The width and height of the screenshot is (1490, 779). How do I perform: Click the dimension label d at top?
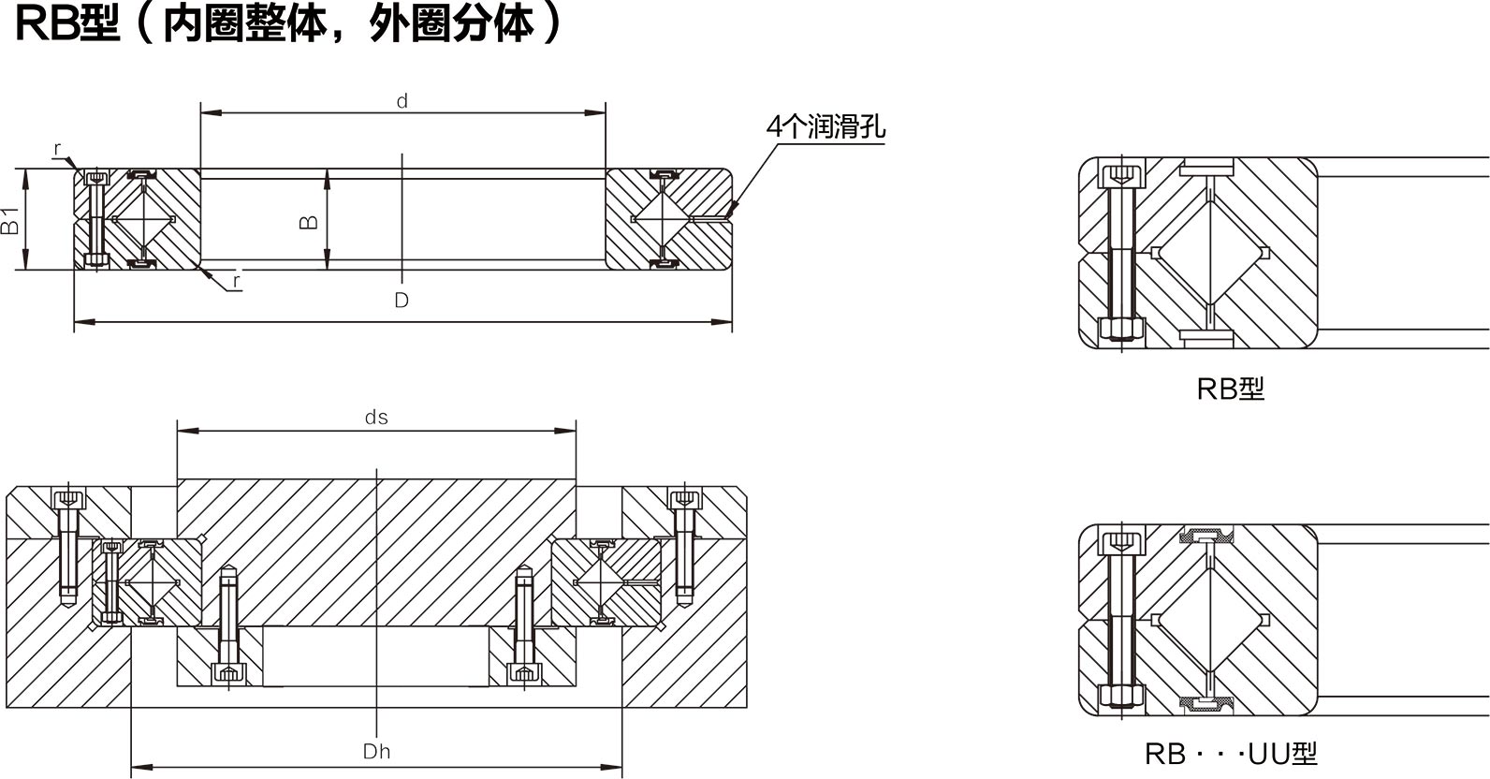point(402,101)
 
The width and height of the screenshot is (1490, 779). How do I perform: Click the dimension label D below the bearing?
point(402,301)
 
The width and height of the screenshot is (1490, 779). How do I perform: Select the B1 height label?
point(10,221)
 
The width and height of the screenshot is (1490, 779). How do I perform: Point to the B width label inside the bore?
point(308,221)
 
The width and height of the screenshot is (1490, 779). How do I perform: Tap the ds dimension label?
point(376,418)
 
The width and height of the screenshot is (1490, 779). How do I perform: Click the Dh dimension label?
point(376,751)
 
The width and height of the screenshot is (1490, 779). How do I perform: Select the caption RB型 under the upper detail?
point(1230,389)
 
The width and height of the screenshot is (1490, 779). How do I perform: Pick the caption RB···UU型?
point(1230,754)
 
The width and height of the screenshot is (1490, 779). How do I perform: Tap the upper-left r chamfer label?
point(58,149)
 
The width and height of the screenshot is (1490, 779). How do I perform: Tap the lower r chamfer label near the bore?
point(237,279)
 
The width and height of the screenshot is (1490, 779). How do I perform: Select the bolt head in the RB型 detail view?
point(1120,176)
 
